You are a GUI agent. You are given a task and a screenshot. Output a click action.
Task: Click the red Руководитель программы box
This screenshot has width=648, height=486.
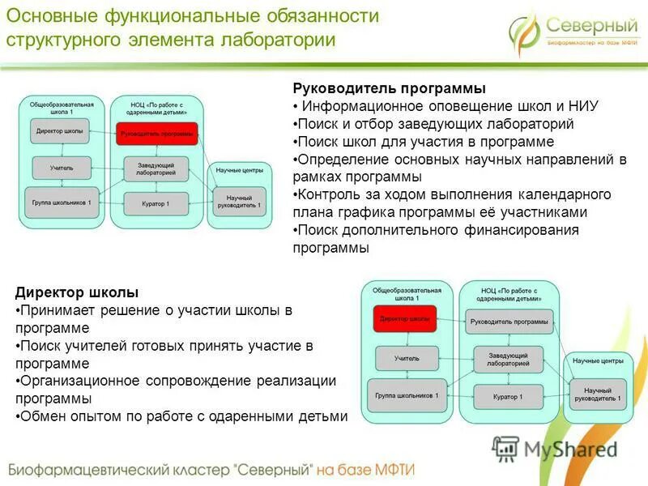tap(156, 133)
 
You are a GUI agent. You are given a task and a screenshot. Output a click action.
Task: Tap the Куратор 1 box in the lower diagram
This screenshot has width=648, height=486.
tap(508, 397)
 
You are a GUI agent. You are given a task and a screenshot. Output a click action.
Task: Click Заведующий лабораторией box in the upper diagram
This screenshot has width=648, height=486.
tap(156, 168)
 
